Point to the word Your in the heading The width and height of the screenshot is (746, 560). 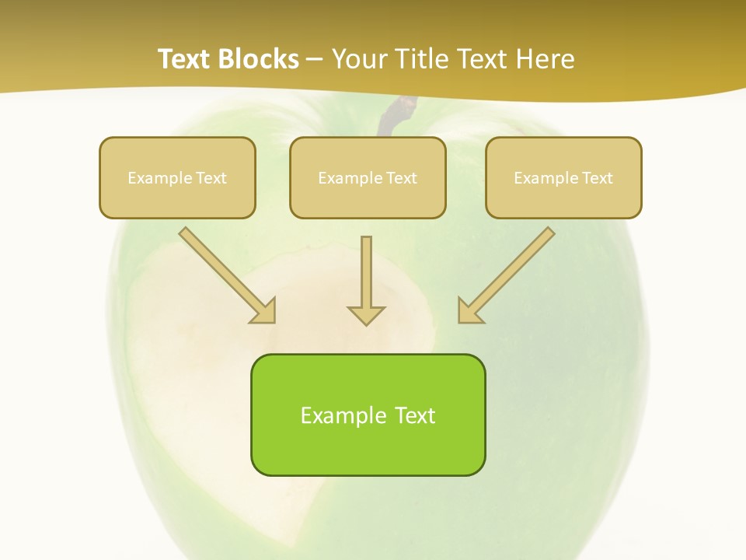[359, 59]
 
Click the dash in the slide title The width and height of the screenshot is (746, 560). [315, 60]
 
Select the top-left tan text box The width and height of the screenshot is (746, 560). [177, 177]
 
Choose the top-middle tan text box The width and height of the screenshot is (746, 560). [368, 177]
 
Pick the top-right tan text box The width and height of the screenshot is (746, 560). [563, 177]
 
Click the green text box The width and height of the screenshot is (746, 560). [368, 415]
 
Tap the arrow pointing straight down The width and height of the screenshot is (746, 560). [366, 280]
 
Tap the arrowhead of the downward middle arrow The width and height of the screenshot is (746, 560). [366, 315]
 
